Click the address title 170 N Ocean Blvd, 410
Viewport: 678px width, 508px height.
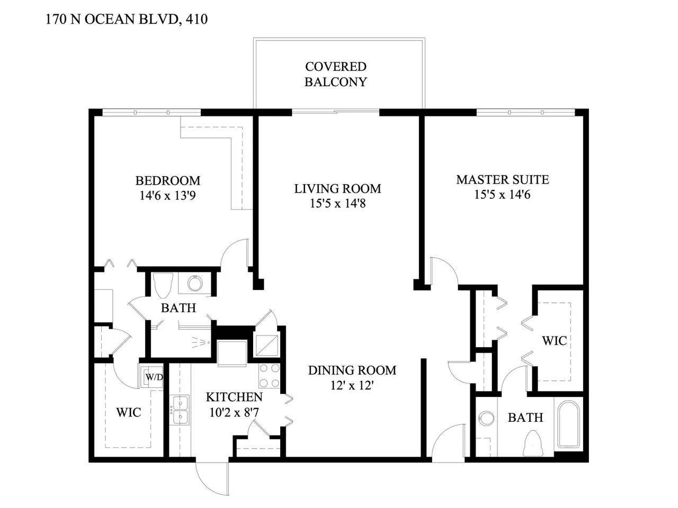127,19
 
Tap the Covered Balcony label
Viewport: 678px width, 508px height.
336,74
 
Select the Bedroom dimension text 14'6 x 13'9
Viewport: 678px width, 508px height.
168,196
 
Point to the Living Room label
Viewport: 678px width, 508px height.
337,188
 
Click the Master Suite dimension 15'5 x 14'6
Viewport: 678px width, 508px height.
502,195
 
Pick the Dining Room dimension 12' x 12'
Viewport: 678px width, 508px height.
352,385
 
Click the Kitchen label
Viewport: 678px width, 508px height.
234,397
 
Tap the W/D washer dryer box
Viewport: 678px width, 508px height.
151,376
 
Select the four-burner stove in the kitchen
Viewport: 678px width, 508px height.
270,376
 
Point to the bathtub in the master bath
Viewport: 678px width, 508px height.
568,424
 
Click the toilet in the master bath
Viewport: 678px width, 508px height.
533,443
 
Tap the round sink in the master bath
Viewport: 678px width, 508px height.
486,419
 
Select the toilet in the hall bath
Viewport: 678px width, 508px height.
163,285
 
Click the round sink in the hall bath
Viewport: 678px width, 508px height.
194,284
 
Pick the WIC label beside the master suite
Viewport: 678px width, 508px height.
555,340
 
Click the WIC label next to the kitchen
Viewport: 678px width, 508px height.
129,412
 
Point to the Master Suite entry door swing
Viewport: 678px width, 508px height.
444,271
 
